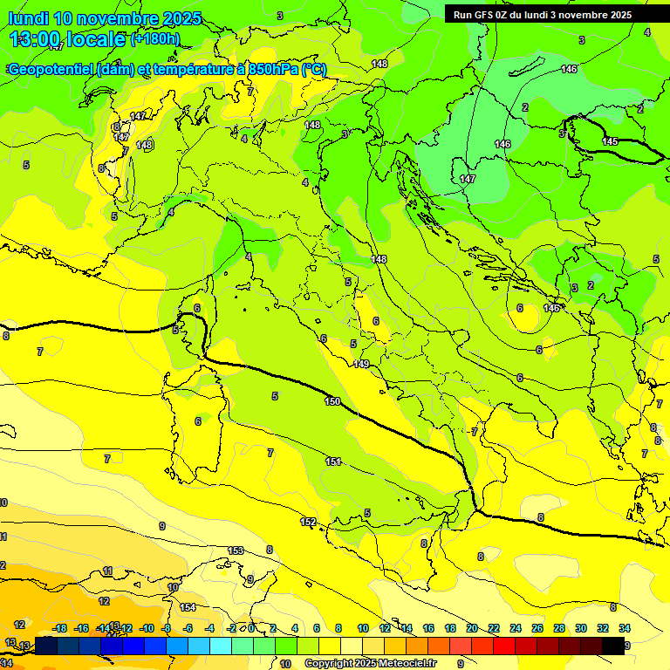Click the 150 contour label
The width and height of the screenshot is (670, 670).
[332, 401]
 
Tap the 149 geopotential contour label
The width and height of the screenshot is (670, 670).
[362, 364]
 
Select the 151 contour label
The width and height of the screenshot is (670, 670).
[333, 461]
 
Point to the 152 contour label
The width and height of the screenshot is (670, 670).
[308, 522]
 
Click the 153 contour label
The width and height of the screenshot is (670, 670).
[236, 550]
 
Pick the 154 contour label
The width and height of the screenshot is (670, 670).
[188, 607]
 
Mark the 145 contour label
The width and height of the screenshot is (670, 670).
[611, 141]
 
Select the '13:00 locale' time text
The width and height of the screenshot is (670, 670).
[68, 39]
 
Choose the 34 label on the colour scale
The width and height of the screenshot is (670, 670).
[625, 628]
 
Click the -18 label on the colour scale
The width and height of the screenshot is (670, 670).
[60, 628]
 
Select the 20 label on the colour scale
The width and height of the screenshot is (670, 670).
[472, 628]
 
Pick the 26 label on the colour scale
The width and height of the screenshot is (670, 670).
[537, 628]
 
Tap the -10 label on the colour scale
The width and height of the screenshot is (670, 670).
[147, 628]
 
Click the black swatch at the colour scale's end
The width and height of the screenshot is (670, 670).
[613, 646]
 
